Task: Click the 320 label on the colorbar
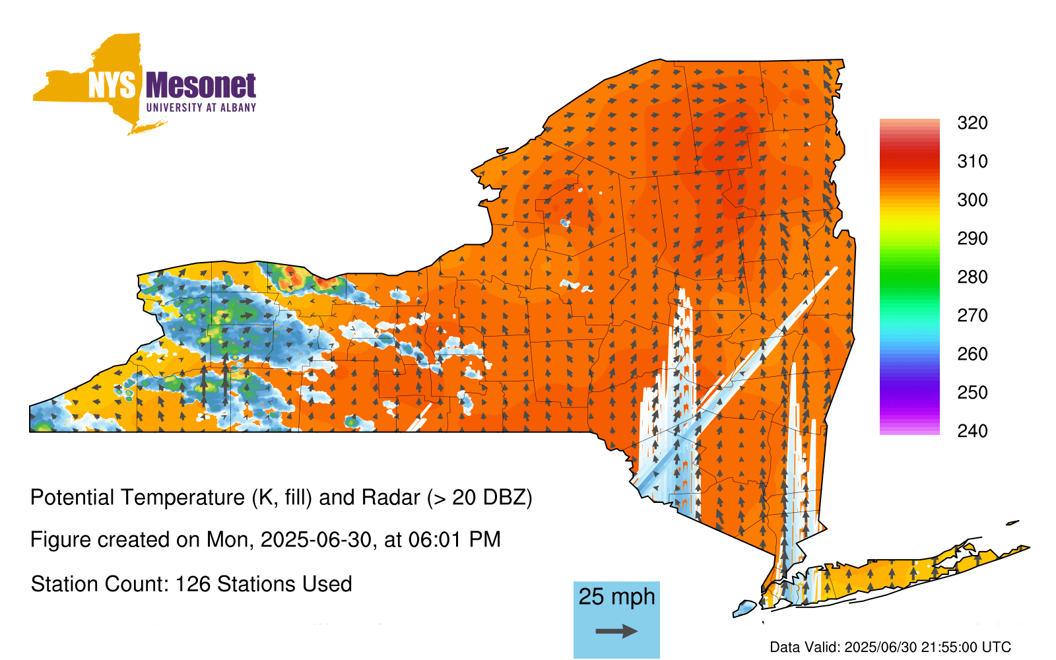[x=973, y=123]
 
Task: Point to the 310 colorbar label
[x=973, y=162]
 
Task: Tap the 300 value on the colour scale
[x=973, y=200]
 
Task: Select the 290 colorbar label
[x=973, y=238]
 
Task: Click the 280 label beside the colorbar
[x=973, y=277]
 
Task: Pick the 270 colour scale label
[x=973, y=315]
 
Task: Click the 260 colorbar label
[x=973, y=354]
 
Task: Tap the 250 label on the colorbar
[x=973, y=392]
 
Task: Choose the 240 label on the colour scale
[x=973, y=431]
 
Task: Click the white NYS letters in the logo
[x=112, y=85]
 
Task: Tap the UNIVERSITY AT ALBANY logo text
[x=201, y=108]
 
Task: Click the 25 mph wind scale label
[x=616, y=597]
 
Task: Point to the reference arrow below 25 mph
[x=616, y=631]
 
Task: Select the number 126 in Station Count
[x=191, y=584]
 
